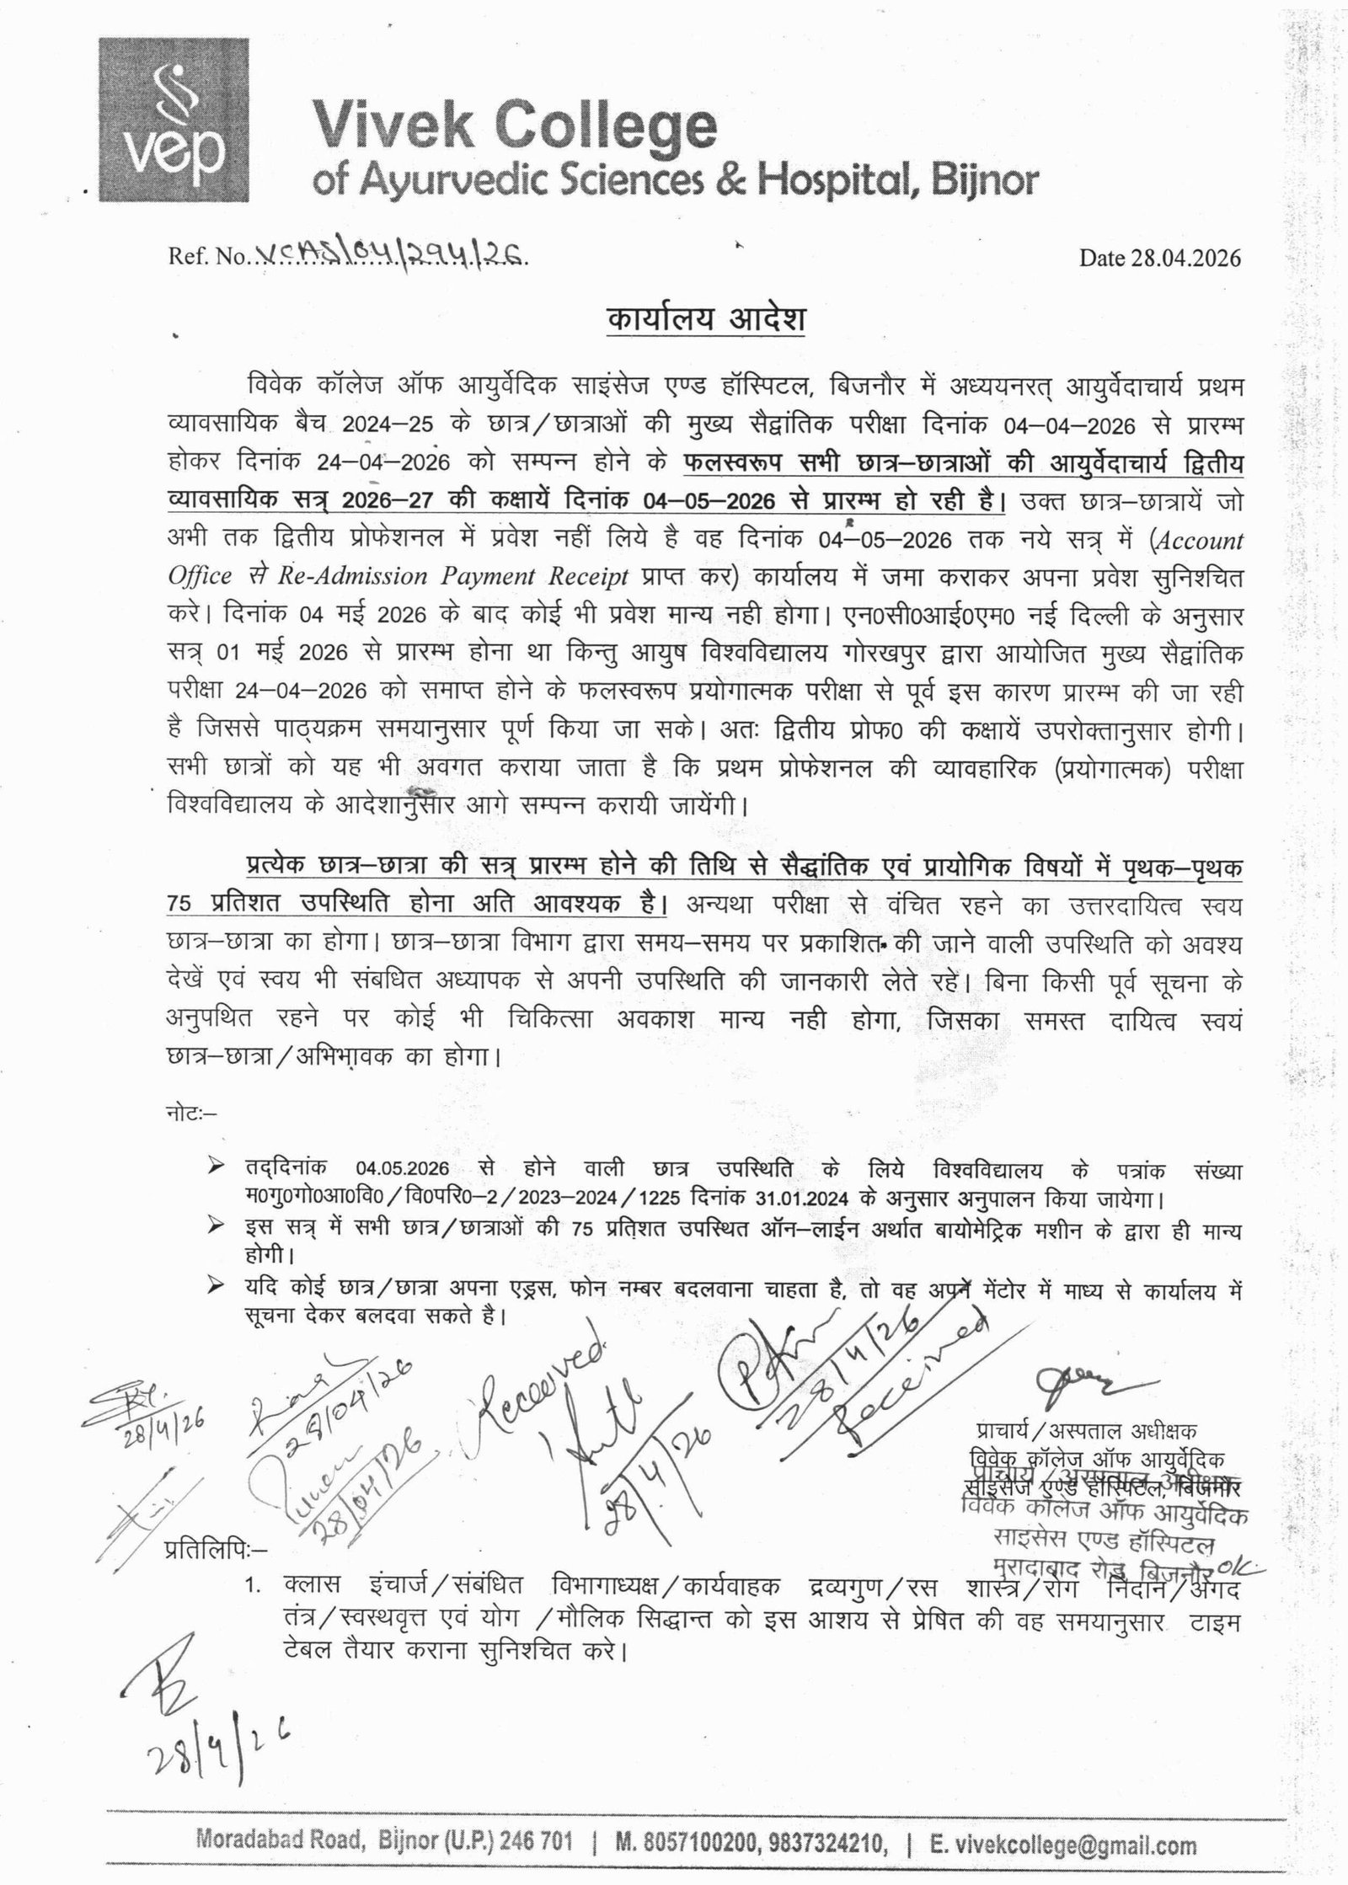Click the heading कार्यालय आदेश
point(706,323)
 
